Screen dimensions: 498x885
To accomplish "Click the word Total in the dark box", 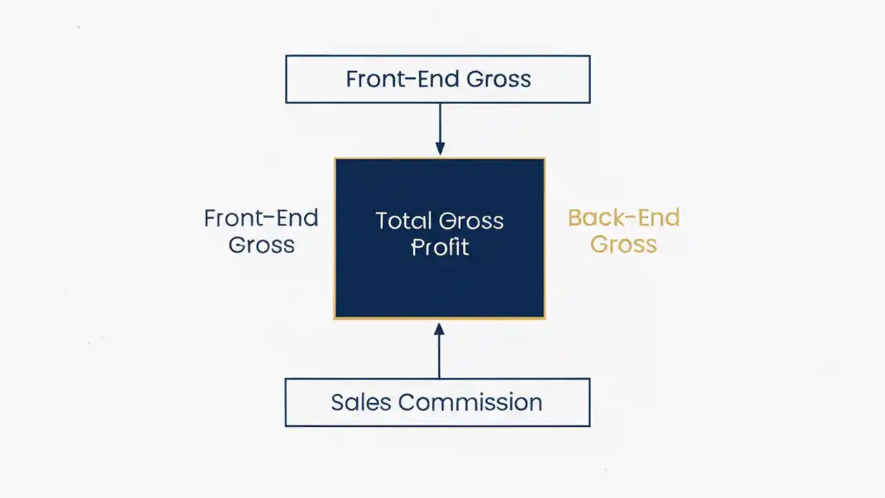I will point(402,221).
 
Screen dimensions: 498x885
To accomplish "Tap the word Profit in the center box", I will point(440,247).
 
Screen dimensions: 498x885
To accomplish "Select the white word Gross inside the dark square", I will point(473,221).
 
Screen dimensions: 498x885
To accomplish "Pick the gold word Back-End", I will point(624,218).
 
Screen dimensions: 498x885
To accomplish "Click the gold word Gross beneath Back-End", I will point(623,244).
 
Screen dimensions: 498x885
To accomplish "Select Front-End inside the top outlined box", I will point(402,79).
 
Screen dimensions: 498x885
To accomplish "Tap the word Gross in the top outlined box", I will point(499,79).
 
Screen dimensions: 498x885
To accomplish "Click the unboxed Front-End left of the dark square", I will point(261,219).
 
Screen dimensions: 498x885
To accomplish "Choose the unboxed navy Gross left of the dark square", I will point(261,245).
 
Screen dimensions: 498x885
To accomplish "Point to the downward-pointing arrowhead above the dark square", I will point(440,149).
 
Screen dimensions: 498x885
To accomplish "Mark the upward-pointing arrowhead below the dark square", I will point(439,329).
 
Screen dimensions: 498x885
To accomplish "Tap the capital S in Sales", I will point(337,403).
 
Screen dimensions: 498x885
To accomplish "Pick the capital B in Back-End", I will point(575,218).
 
